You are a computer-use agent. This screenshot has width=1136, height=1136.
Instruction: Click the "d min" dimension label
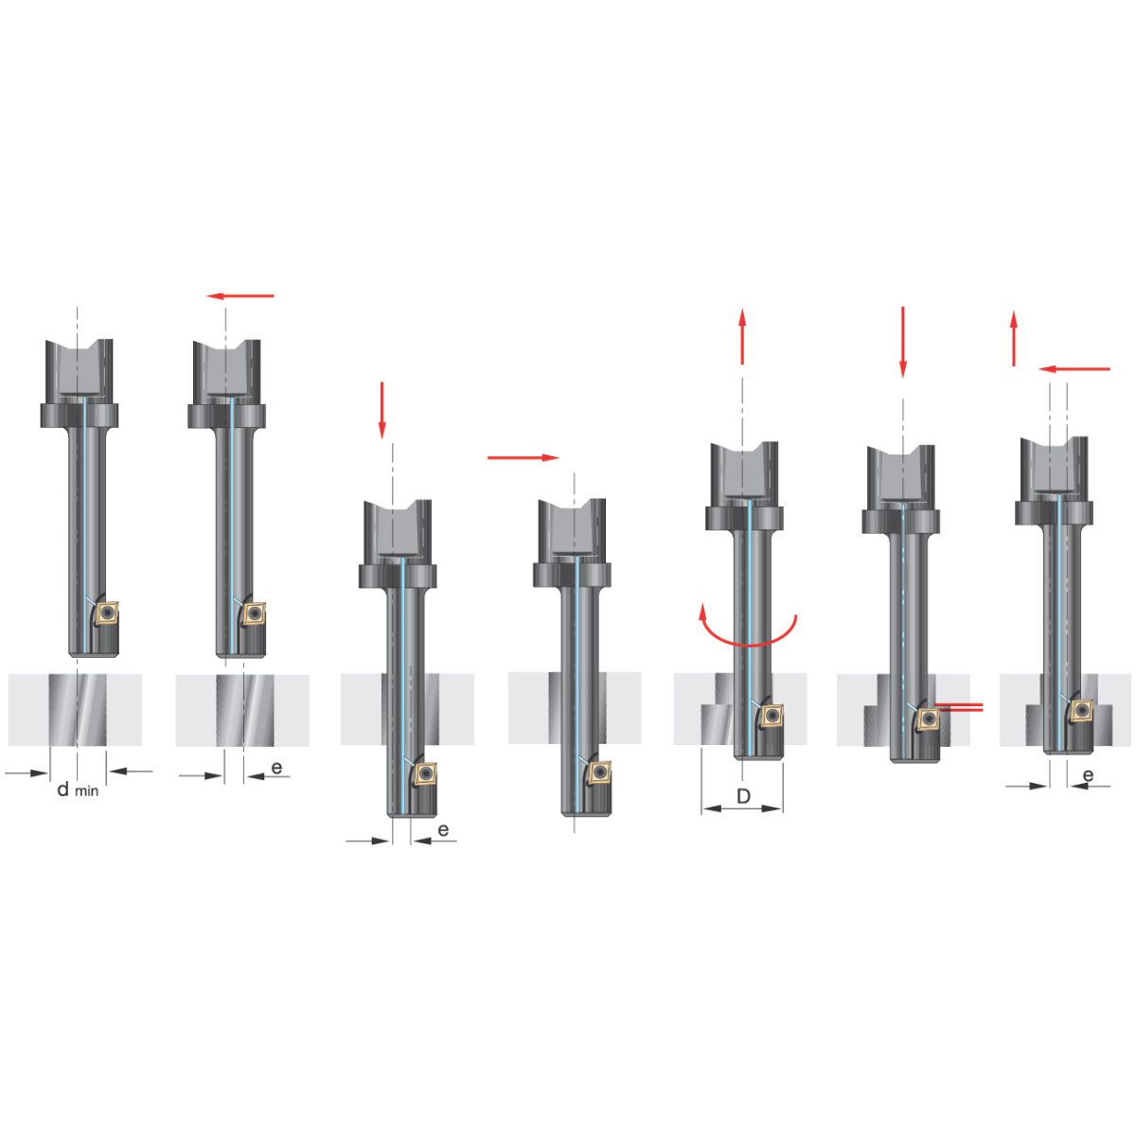click(78, 790)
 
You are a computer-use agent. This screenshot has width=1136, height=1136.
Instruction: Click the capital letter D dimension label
click(743, 796)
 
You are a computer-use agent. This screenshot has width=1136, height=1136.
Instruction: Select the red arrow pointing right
click(523, 457)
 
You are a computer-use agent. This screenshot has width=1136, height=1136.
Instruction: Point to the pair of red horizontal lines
click(959, 708)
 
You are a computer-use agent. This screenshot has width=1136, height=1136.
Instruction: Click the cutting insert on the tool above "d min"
click(107, 613)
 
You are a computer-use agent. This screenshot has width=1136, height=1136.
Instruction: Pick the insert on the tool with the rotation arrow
click(772, 716)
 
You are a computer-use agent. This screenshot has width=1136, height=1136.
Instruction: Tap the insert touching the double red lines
click(929, 718)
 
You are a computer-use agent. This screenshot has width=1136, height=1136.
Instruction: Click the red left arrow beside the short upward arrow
click(1074, 369)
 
